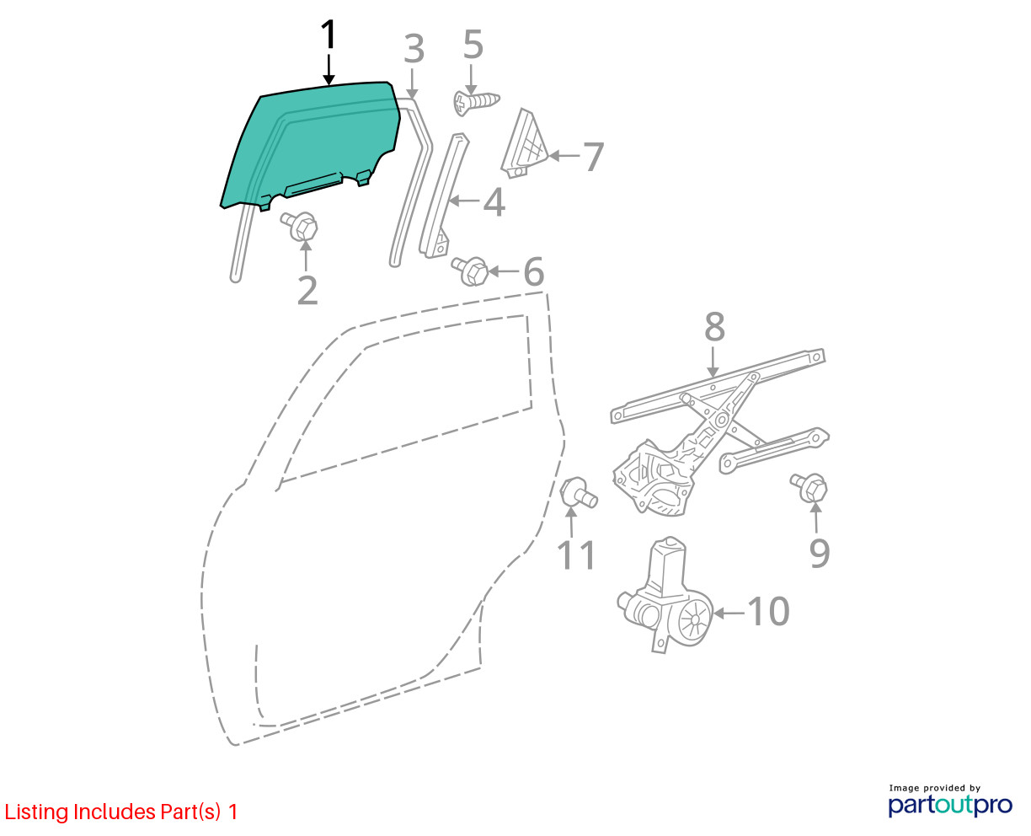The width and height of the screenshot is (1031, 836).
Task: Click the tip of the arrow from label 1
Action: (x=329, y=85)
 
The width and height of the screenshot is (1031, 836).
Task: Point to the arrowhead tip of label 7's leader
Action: (x=549, y=156)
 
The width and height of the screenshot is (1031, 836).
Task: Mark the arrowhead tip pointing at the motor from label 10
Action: (x=713, y=614)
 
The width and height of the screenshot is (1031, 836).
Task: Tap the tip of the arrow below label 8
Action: (x=713, y=378)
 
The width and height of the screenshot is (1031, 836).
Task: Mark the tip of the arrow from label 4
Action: (x=449, y=200)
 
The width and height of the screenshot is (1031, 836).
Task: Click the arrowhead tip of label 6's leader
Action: (x=489, y=271)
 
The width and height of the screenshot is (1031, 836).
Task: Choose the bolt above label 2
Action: (x=299, y=226)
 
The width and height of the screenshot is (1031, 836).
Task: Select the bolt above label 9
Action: (x=809, y=488)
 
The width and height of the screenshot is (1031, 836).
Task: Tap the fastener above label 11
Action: (x=579, y=492)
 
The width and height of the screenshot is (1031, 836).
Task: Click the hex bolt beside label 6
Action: (x=470, y=271)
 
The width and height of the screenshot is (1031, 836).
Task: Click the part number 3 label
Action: (x=414, y=50)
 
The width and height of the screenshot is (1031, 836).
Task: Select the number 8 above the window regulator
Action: (x=715, y=327)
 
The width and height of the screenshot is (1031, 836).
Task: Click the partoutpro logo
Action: (x=950, y=805)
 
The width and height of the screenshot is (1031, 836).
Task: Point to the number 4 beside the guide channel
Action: (x=494, y=202)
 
